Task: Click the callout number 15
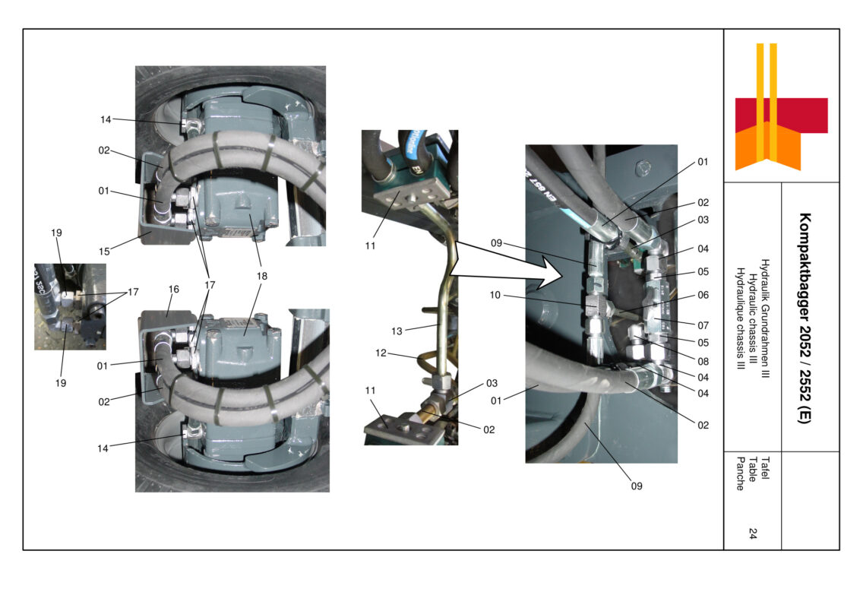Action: [104, 250]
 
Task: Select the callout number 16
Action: [173, 290]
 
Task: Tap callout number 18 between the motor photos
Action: [262, 277]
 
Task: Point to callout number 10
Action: [495, 295]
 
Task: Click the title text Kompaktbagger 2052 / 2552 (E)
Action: [805, 318]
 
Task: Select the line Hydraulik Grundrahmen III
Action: [765, 318]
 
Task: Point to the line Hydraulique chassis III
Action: [740, 318]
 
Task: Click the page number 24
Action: [752, 534]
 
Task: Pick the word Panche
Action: [740, 473]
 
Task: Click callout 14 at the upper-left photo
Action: [106, 119]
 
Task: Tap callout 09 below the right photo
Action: [637, 486]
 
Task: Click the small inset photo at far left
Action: [70, 306]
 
